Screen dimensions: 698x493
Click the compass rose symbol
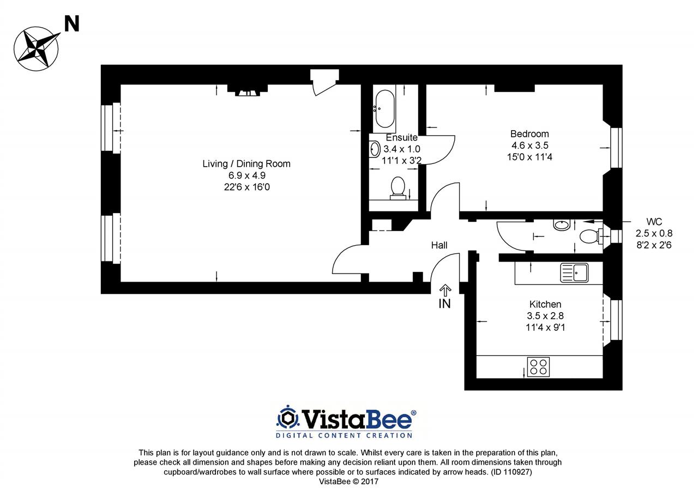tap(37, 48)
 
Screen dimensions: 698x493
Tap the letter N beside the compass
tap(71, 24)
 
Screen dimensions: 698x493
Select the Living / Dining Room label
tap(246, 164)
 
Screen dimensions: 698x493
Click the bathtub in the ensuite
tap(385, 109)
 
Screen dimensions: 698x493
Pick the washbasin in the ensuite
tap(375, 149)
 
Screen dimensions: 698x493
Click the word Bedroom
tap(529, 134)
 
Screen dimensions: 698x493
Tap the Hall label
tap(439, 245)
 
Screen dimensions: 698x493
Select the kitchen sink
tap(574, 273)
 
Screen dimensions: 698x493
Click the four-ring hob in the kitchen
tap(538, 367)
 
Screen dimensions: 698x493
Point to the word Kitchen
tap(545, 304)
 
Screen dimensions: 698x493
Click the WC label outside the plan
tap(654, 222)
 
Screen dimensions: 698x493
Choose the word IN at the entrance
tap(444, 304)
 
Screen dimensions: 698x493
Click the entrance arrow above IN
tap(446, 290)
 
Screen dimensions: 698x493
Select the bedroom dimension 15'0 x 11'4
tap(529, 157)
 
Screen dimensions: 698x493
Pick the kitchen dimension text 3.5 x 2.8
tap(545, 316)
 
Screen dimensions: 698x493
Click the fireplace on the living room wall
tap(248, 90)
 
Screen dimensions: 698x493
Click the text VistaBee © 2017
tap(348, 482)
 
